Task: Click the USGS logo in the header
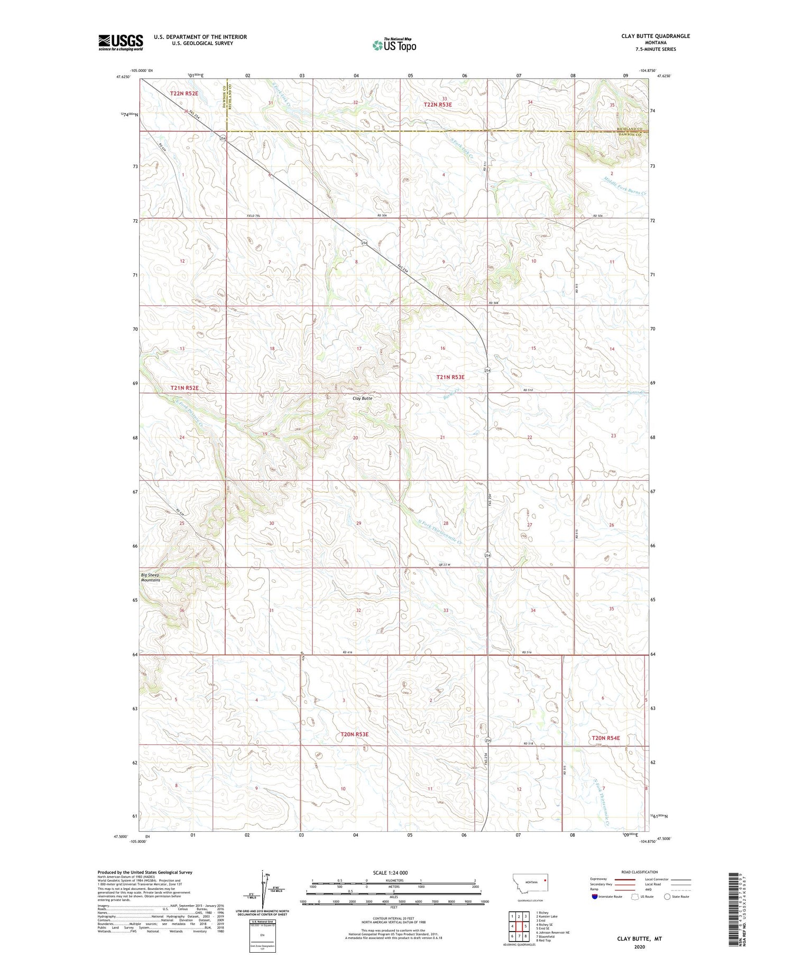click(121, 42)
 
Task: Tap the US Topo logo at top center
click(394, 45)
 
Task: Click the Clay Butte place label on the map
click(362, 398)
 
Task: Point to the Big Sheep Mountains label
click(151, 577)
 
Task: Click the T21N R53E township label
click(450, 377)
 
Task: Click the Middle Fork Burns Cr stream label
click(625, 185)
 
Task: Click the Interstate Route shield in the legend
click(595, 896)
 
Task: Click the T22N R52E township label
click(184, 94)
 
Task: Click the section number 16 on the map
click(442, 348)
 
